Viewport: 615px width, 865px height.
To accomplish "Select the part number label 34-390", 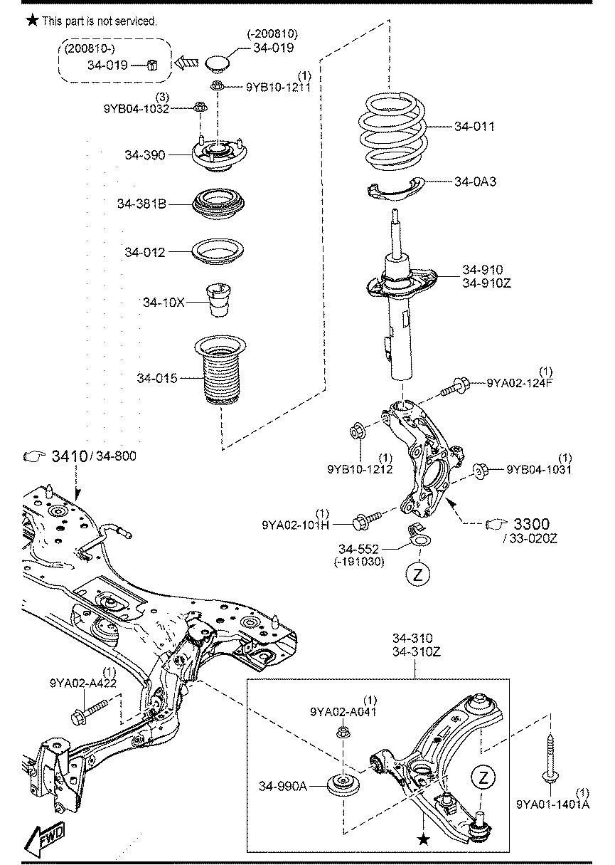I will pyautogui.click(x=144, y=154).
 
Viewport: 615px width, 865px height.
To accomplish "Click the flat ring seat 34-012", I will pyautogui.click(x=218, y=253).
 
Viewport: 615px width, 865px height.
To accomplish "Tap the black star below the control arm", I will pyautogui.click(x=424, y=841).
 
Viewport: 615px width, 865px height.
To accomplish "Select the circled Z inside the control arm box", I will pyautogui.click(x=483, y=777).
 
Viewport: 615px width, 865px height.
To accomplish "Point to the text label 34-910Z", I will pyautogui.click(x=486, y=283).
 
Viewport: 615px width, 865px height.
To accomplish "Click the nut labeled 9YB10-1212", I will pyautogui.click(x=358, y=431).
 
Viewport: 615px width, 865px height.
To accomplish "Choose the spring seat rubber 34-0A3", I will pyautogui.click(x=392, y=187).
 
